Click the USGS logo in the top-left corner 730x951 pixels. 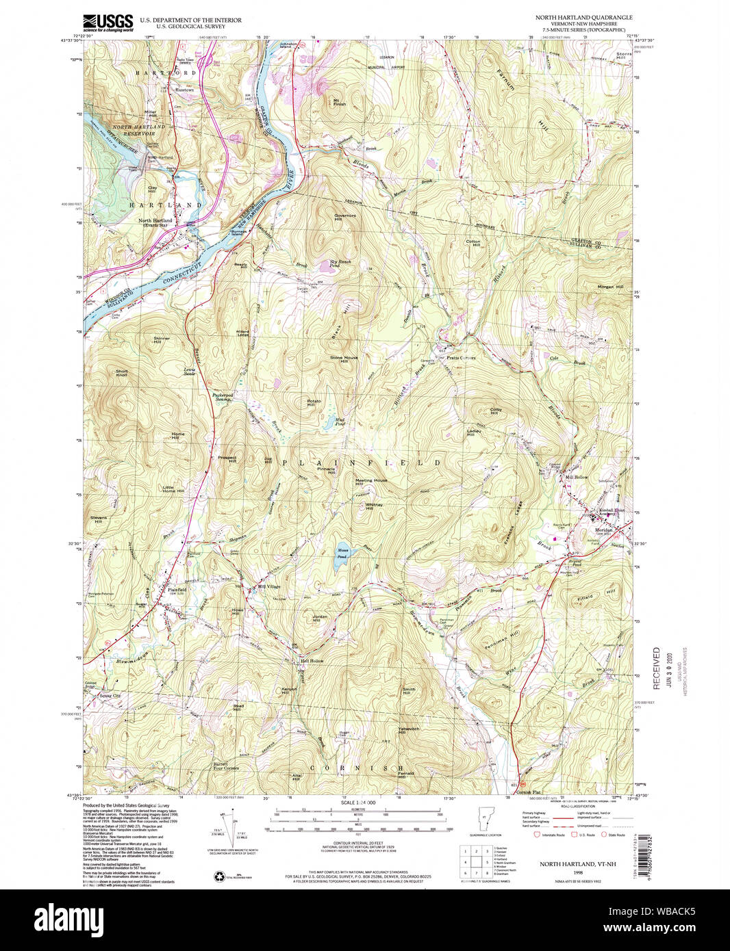click(x=108, y=23)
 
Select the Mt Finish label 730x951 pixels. click(x=339, y=103)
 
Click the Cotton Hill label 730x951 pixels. click(x=473, y=243)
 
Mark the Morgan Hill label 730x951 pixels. click(x=612, y=287)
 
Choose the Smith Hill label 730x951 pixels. click(x=409, y=691)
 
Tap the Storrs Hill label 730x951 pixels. click(x=621, y=55)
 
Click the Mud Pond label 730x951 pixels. click(x=340, y=422)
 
